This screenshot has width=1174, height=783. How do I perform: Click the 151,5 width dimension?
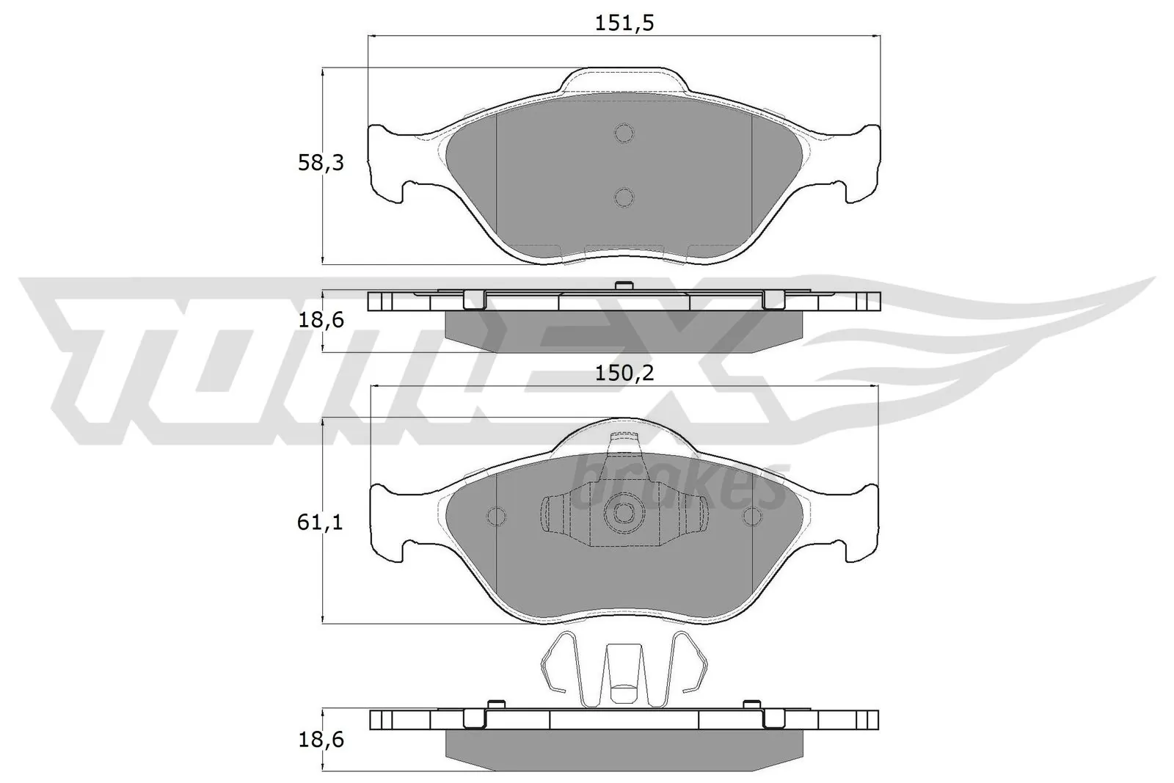[x=623, y=23]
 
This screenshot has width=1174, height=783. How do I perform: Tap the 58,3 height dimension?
[x=321, y=163]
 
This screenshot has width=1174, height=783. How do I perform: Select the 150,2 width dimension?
[x=623, y=374]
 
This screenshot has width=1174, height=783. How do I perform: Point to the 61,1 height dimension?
[x=321, y=522]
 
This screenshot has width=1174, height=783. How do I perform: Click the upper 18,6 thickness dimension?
[x=321, y=320]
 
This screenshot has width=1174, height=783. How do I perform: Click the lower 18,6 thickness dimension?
[x=321, y=739]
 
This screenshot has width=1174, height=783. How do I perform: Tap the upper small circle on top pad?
[x=624, y=133]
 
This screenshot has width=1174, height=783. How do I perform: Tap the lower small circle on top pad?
[x=624, y=197]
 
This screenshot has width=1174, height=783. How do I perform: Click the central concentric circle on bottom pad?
[x=624, y=514]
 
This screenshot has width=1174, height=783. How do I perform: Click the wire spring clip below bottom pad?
[x=623, y=669]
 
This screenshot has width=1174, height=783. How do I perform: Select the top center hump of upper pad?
[x=624, y=80]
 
